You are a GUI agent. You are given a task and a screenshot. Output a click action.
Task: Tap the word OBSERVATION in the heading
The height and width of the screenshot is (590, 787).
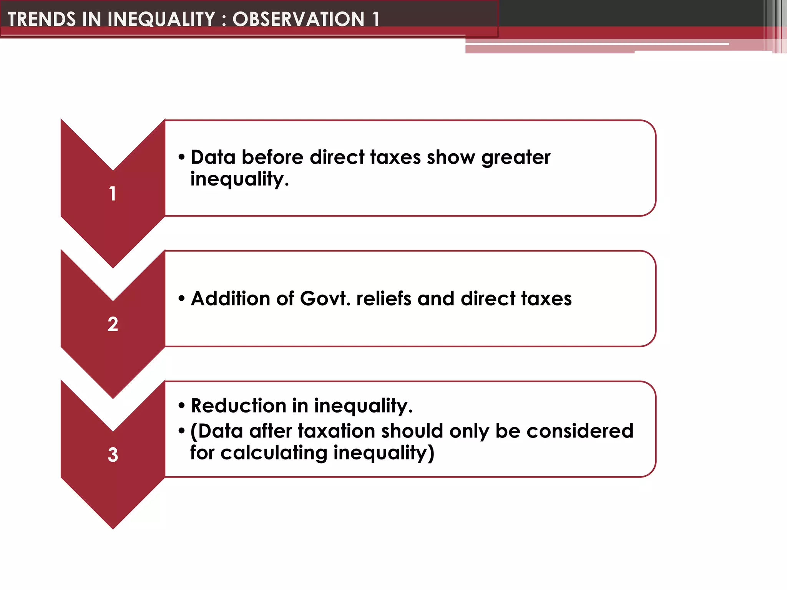(298, 19)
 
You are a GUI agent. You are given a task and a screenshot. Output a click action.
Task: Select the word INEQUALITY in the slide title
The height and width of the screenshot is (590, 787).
(161, 19)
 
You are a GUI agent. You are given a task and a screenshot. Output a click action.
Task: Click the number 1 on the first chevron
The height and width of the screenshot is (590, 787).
(113, 193)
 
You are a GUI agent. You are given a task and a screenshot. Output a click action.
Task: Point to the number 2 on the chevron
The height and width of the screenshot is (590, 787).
(113, 324)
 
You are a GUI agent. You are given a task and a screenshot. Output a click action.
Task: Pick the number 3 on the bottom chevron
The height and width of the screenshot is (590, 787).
(113, 454)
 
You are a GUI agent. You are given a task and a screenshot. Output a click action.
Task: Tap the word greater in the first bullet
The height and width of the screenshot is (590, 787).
(516, 157)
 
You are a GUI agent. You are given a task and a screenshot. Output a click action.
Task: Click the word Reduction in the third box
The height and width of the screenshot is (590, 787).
(239, 406)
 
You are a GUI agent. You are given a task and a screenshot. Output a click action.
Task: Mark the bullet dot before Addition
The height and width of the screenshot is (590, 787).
(182, 298)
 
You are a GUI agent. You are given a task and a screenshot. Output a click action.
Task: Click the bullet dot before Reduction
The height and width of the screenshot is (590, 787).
(182, 406)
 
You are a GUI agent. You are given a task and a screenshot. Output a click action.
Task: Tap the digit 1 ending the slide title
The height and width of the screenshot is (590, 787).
(375, 19)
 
